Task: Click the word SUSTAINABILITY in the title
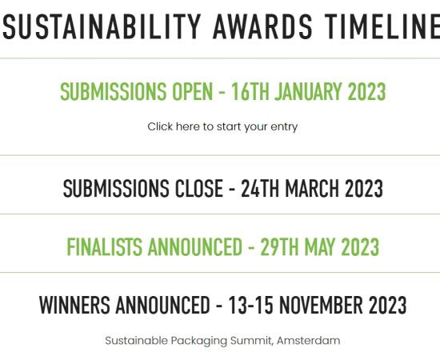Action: pyautogui.click(x=102, y=26)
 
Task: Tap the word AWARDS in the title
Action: pyautogui.click(x=262, y=26)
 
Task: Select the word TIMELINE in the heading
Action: pyautogui.click(x=382, y=26)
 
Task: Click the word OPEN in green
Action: pyautogui.click(x=192, y=92)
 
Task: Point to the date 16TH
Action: pyautogui.click(x=250, y=92)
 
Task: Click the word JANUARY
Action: pyautogui.click(x=308, y=92)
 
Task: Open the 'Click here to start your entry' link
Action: pyautogui.click(x=222, y=127)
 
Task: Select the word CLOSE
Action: pyautogui.click(x=199, y=188)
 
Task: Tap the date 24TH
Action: pyautogui.click(x=260, y=188)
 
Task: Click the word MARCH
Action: pyautogui.click(x=312, y=188)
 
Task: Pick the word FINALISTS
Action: pyautogui.click(x=104, y=247)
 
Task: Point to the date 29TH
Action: pyautogui.click(x=279, y=247)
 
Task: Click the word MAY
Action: pyautogui.click(x=320, y=247)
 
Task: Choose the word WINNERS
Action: pyautogui.click(x=74, y=305)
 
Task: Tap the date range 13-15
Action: pyautogui.click(x=250, y=305)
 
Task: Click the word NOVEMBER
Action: pyautogui.click(x=321, y=305)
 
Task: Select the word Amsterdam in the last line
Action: pyautogui.click(x=308, y=341)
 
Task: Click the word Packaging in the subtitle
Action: pyautogui.click(x=199, y=342)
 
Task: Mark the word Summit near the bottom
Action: pyautogui.click(x=251, y=341)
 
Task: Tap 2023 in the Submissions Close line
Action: pyautogui.click(x=364, y=188)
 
